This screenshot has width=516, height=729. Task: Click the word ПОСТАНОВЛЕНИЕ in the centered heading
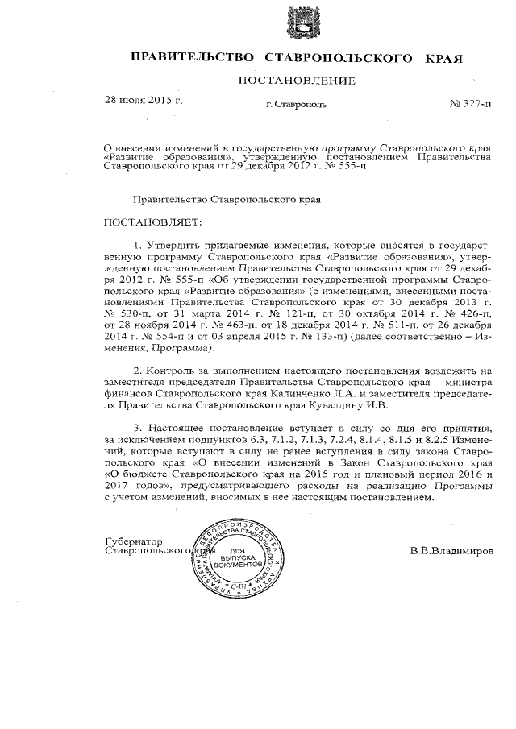click(296, 81)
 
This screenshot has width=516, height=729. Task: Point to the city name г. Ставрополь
click(297, 106)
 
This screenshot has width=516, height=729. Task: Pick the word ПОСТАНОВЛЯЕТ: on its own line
click(151, 222)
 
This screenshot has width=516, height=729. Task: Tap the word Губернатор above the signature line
click(135, 541)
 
